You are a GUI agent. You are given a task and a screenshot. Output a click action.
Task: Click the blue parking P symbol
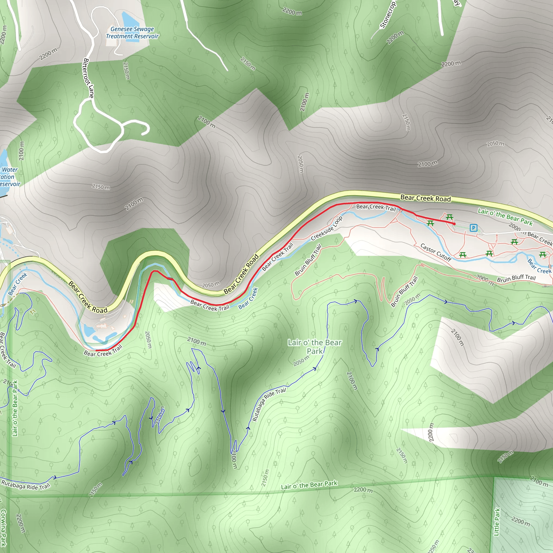(x=473, y=228)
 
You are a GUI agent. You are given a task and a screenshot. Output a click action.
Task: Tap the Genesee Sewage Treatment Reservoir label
(x=132, y=33)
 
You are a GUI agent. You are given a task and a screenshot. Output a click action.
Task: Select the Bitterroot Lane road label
(x=88, y=78)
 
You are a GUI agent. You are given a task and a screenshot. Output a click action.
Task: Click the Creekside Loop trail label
(x=327, y=228)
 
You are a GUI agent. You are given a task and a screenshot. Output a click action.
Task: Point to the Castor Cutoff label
(x=436, y=252)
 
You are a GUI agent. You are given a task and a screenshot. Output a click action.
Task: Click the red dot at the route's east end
(x=454, y=224)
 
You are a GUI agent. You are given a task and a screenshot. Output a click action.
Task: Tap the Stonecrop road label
(x=388, y=15)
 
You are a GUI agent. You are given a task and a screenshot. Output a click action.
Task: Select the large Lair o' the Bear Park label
(x=315, y=347)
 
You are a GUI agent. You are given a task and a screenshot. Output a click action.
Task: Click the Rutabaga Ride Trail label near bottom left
(x=26, y=485)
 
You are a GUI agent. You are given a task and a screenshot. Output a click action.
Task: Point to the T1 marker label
(x=33, y=312)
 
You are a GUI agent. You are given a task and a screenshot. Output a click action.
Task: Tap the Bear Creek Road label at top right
(x=425, y=198)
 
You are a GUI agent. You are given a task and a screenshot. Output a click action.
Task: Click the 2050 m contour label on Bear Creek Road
(x=211, y=285)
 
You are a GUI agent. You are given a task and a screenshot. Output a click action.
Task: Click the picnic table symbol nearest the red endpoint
(x=450, y=217)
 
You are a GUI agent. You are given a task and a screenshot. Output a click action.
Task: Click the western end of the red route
(x=96, y=350)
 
